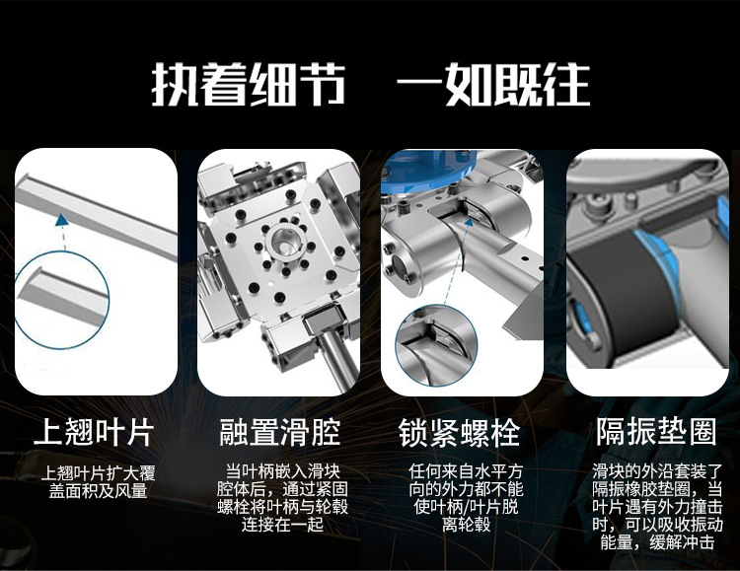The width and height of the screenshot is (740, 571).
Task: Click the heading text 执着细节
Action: tap(249, 86)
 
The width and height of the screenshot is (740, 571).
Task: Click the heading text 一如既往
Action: tap(492, 86)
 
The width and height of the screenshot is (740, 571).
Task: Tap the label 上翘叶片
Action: tap(94, 432)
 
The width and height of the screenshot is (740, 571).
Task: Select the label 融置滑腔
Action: tap(279, 432)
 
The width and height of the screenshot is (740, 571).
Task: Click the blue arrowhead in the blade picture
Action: tap(64, 223)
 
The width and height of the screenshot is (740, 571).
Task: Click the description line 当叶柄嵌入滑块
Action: tap(281, 470)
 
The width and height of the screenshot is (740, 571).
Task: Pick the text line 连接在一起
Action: tap(281, 525)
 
